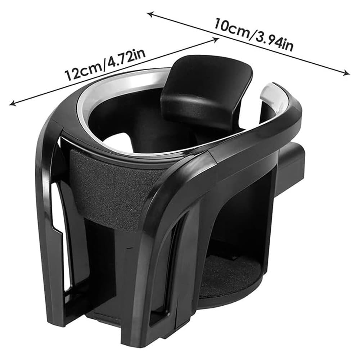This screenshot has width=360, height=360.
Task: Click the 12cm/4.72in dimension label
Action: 105,65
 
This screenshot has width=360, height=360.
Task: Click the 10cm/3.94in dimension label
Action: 254,35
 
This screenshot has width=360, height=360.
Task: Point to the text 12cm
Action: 83,73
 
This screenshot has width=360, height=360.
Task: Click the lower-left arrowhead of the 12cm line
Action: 12,103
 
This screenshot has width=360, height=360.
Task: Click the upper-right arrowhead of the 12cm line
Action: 215,40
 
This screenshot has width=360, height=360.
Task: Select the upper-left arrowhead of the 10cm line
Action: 151,14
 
